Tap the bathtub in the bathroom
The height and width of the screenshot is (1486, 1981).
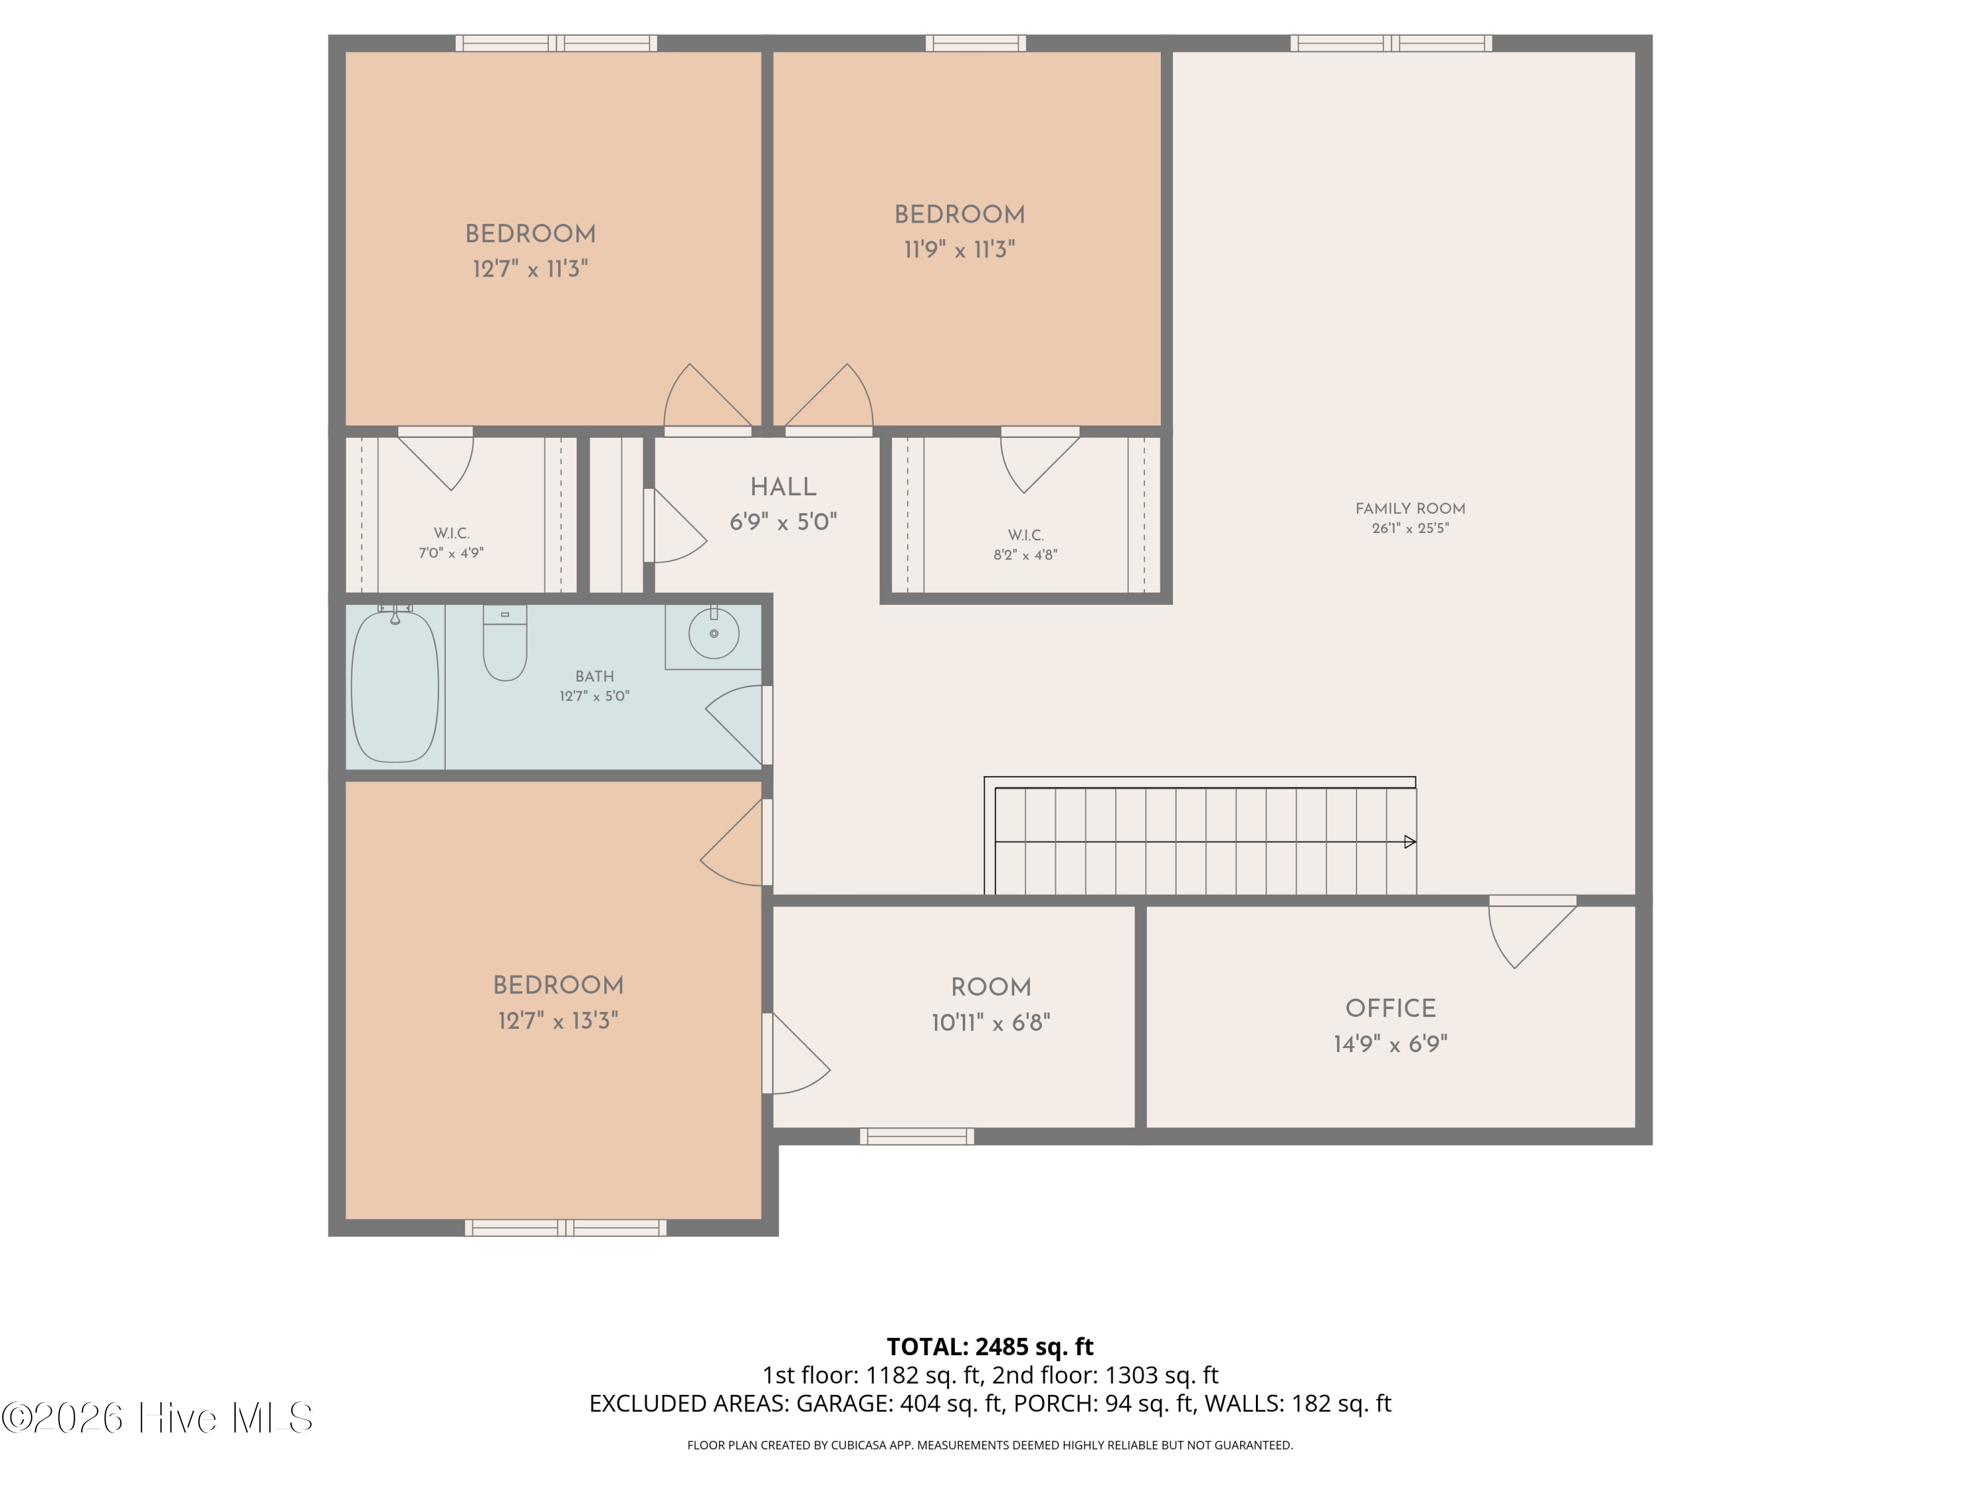395,686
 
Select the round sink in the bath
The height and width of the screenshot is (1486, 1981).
714,633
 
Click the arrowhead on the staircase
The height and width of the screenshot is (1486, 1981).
1410,842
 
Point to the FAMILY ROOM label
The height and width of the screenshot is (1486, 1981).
1410,509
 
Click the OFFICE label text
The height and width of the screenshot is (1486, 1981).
1390,1008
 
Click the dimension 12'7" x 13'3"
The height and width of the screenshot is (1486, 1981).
558,1021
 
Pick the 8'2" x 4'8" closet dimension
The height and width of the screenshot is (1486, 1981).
1025,555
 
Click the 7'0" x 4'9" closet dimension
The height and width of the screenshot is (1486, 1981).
452,553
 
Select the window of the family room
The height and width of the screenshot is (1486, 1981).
1391,43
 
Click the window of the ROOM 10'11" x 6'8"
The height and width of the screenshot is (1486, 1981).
917,1137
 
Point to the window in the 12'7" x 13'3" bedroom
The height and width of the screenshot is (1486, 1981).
565,1228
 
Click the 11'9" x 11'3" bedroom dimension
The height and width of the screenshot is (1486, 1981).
959,250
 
